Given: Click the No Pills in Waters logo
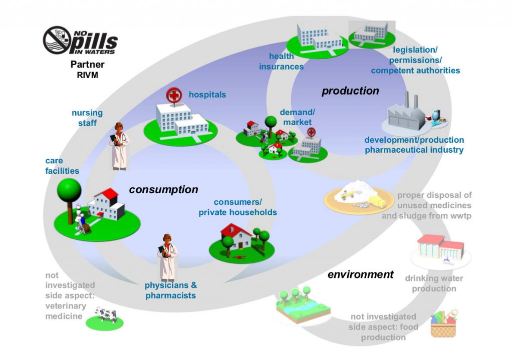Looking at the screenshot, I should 80,41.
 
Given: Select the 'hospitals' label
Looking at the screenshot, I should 207,95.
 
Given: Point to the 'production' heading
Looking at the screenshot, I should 350,91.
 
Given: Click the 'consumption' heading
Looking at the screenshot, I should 163,190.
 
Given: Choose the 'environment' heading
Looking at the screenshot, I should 360,274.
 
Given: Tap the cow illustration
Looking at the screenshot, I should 106,314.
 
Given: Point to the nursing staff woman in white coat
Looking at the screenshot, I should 119,145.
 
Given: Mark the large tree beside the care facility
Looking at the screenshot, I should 69,192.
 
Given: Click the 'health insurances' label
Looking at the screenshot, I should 281,62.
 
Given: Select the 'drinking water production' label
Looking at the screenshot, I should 434,283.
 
